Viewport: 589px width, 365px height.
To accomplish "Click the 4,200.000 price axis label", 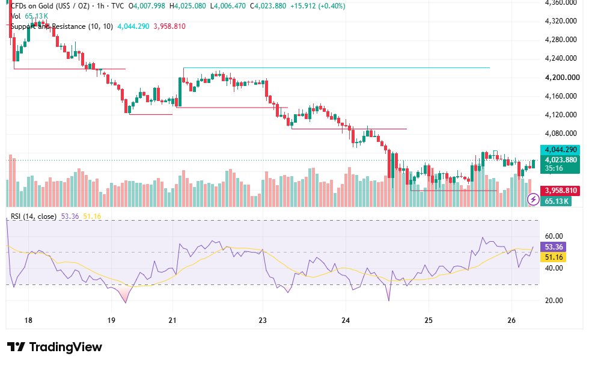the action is [563, 78].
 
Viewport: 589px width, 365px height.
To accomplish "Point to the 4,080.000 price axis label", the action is [561, 133].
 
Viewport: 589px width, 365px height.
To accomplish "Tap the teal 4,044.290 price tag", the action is [560, 150].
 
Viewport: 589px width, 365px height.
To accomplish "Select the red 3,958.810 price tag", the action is [560, 190].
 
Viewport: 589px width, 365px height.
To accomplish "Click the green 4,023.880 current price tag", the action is [560, 160].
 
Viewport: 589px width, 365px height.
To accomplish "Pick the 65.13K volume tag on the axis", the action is [557, 201].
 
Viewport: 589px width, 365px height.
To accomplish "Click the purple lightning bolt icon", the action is [533, 198].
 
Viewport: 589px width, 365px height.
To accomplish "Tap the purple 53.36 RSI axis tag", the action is [554, 247].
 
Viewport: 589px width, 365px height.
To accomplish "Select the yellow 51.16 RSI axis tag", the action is [554, 257].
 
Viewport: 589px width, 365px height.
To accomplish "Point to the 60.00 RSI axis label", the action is [554, 236].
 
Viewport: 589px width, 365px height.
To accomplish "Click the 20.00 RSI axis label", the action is [554, 300].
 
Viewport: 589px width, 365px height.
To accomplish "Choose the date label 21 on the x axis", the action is [172, 321].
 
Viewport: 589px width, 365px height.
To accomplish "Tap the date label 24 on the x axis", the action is [346, 321].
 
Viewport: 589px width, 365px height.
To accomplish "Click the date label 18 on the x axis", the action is [28, 321].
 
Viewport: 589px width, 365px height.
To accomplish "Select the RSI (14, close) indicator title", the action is [34, 216].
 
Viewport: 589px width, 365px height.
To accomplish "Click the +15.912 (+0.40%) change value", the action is [318, 6].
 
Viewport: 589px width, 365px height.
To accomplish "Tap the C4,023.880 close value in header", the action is [268, 6].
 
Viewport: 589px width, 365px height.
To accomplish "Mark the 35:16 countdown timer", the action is [554, 168].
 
